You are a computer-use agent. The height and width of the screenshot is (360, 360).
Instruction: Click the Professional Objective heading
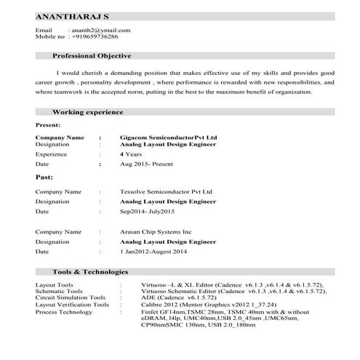(92, 56)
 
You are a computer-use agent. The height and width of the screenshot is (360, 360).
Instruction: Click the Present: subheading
(49, 125)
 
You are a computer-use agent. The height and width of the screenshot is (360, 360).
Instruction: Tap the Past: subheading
(44, 177)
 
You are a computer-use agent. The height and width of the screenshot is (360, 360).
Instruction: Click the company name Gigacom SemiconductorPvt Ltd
(168, 137)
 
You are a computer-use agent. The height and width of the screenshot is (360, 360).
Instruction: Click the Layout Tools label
(55, 284)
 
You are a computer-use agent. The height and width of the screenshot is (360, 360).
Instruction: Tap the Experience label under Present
(52, 154)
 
